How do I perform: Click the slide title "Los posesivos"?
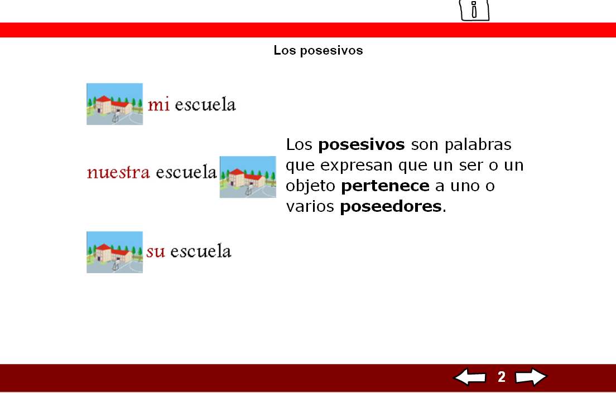point(318,50)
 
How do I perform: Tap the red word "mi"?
point(158,104)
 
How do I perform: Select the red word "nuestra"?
point(118,172)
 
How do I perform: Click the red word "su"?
point(156,251)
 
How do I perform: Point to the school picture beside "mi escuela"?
point(114,104)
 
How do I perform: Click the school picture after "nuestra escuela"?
point(248,177)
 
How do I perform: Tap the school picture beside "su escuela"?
point(114,252)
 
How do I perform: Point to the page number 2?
point(502,377)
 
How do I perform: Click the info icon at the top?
point(474,10)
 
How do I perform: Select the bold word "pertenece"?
point(385,186)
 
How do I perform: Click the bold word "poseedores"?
point(391,207)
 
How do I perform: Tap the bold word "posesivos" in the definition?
point(362,145)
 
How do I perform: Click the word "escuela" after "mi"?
point(205,104)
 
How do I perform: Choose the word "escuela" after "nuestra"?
point(186,172)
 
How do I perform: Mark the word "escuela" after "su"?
point(200,251)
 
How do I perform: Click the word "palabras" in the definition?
point(478,145)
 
